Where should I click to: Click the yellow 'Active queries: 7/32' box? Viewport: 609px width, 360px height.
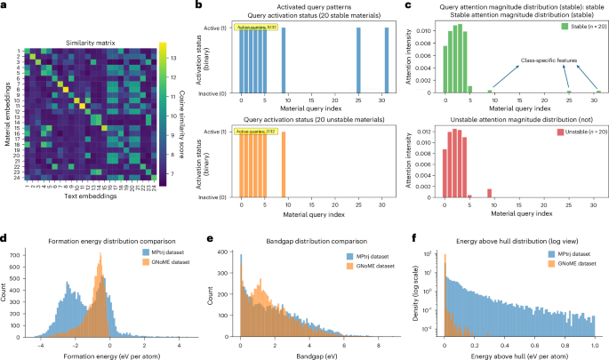click(255, 132)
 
